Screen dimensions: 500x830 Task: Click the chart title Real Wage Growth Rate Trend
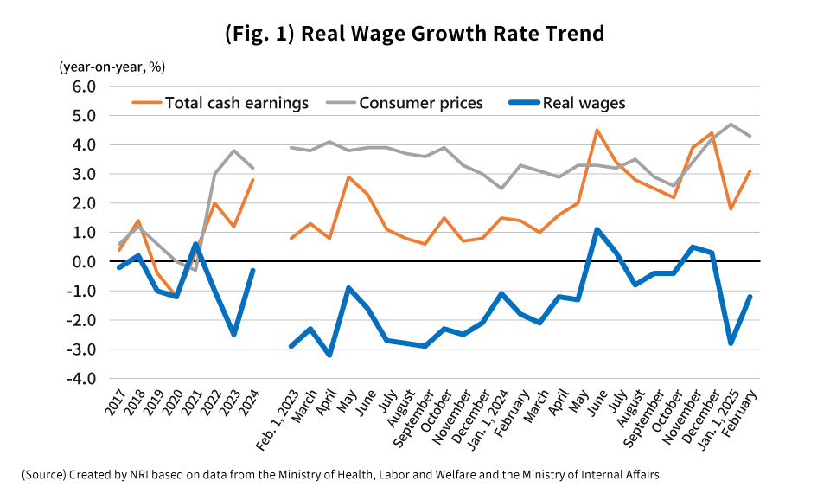[x=414, y=34]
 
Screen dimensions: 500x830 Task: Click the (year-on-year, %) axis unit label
[x=112, y=66]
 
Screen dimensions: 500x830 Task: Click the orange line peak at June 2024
[x=597, y=131]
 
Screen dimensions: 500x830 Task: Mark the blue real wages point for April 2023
[x=329, y=355]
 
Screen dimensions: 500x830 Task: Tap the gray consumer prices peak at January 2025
[x=731, y=125]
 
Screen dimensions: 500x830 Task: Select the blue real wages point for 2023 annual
[x=233, y=334]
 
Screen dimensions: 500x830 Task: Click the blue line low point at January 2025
[x=731, y=343]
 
